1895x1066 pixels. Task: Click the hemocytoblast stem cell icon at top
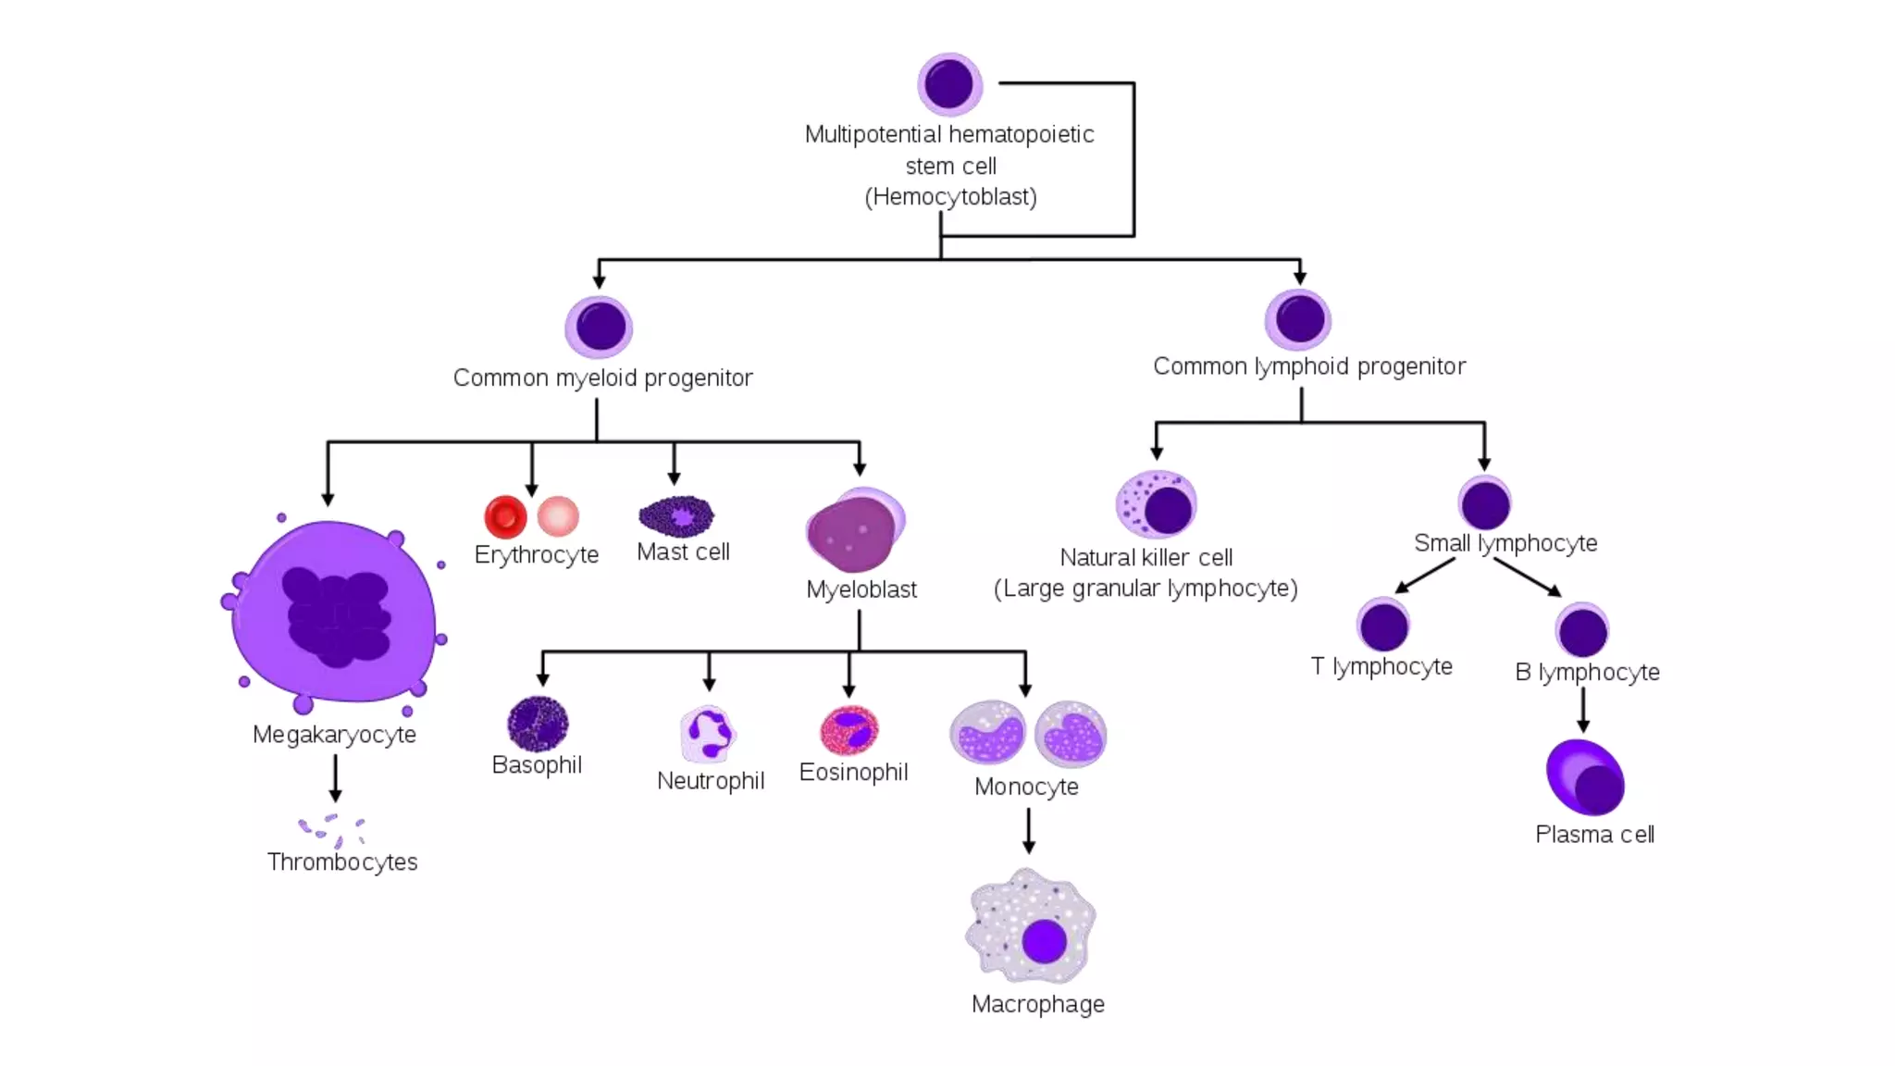click(x=949, y=84)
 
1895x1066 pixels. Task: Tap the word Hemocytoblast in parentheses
click(x=950, y=197)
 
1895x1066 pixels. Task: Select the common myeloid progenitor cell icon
click(x=600, y=327)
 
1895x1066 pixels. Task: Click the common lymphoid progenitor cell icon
click(x=1298, y=320)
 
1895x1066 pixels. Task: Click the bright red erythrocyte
click(x=505, y=516)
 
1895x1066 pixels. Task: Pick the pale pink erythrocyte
click(x=558, y=516)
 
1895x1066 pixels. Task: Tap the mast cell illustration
click(x=677, y=516)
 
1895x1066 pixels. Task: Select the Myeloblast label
click(x=861, y=589)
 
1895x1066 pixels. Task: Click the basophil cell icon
click(x=538, y=724)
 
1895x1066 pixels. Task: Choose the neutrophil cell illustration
click(x=708, y=734)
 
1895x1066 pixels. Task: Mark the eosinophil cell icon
click(x=849, y=731)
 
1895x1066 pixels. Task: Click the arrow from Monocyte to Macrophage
click(x=1028, y=830)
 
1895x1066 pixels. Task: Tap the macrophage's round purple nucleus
click(x=1044, y=942)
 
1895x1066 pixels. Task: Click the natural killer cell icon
click(x=1156, y=505)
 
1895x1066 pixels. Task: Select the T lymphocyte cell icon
click(x=1383, y=626)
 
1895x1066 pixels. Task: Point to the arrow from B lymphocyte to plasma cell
click(x=1583, y=710)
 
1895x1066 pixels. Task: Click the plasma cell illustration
click(x=1585, y=777)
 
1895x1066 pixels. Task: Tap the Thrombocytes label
click(x=342, y=862)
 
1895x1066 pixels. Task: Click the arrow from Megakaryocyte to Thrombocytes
click(x=335, y=778)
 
